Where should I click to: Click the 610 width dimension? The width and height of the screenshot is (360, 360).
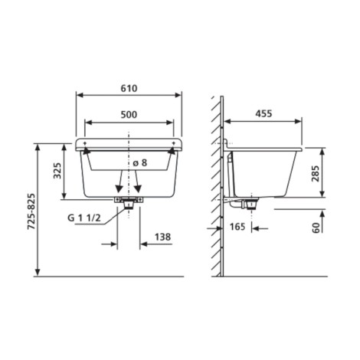point(129,88)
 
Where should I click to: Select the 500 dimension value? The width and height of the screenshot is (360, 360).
point(129,115)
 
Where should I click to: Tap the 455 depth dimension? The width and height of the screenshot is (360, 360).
point(263,113)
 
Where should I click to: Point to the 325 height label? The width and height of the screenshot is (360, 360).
point(57,171)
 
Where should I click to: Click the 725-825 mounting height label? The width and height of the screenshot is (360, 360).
point(31,211)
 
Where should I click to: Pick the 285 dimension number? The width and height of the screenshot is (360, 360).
point(316,174)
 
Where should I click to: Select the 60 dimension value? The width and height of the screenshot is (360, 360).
point(316,227)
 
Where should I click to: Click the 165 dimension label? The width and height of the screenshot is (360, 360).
point(237,227)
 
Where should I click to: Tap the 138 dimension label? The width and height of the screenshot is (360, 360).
point(163,237)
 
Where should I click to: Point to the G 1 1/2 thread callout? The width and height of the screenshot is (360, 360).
point(84,218)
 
